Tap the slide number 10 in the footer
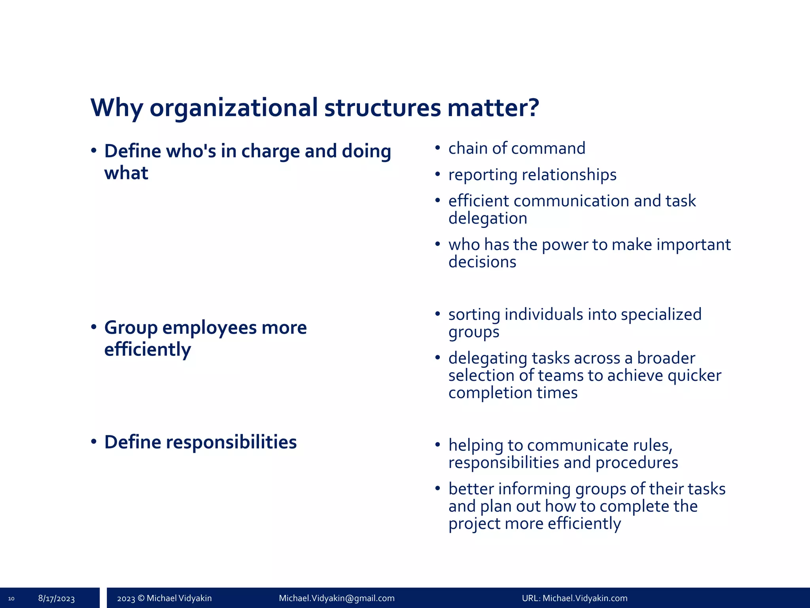click(11, 598)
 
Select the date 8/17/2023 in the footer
click(57, 598)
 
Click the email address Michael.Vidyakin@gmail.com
click(337, 598)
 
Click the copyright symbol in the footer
click(140, 598)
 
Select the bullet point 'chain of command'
click(517, 148)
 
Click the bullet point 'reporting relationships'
click(532, 175)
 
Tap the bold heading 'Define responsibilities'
click(200, 442)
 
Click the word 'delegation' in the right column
click(488, 218)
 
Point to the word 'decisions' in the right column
click(482, 262)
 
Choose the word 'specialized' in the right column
click(661, 315)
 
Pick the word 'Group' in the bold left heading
click(131, 328)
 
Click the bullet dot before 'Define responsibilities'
click(94, 442)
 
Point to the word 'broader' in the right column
click(666, 358)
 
